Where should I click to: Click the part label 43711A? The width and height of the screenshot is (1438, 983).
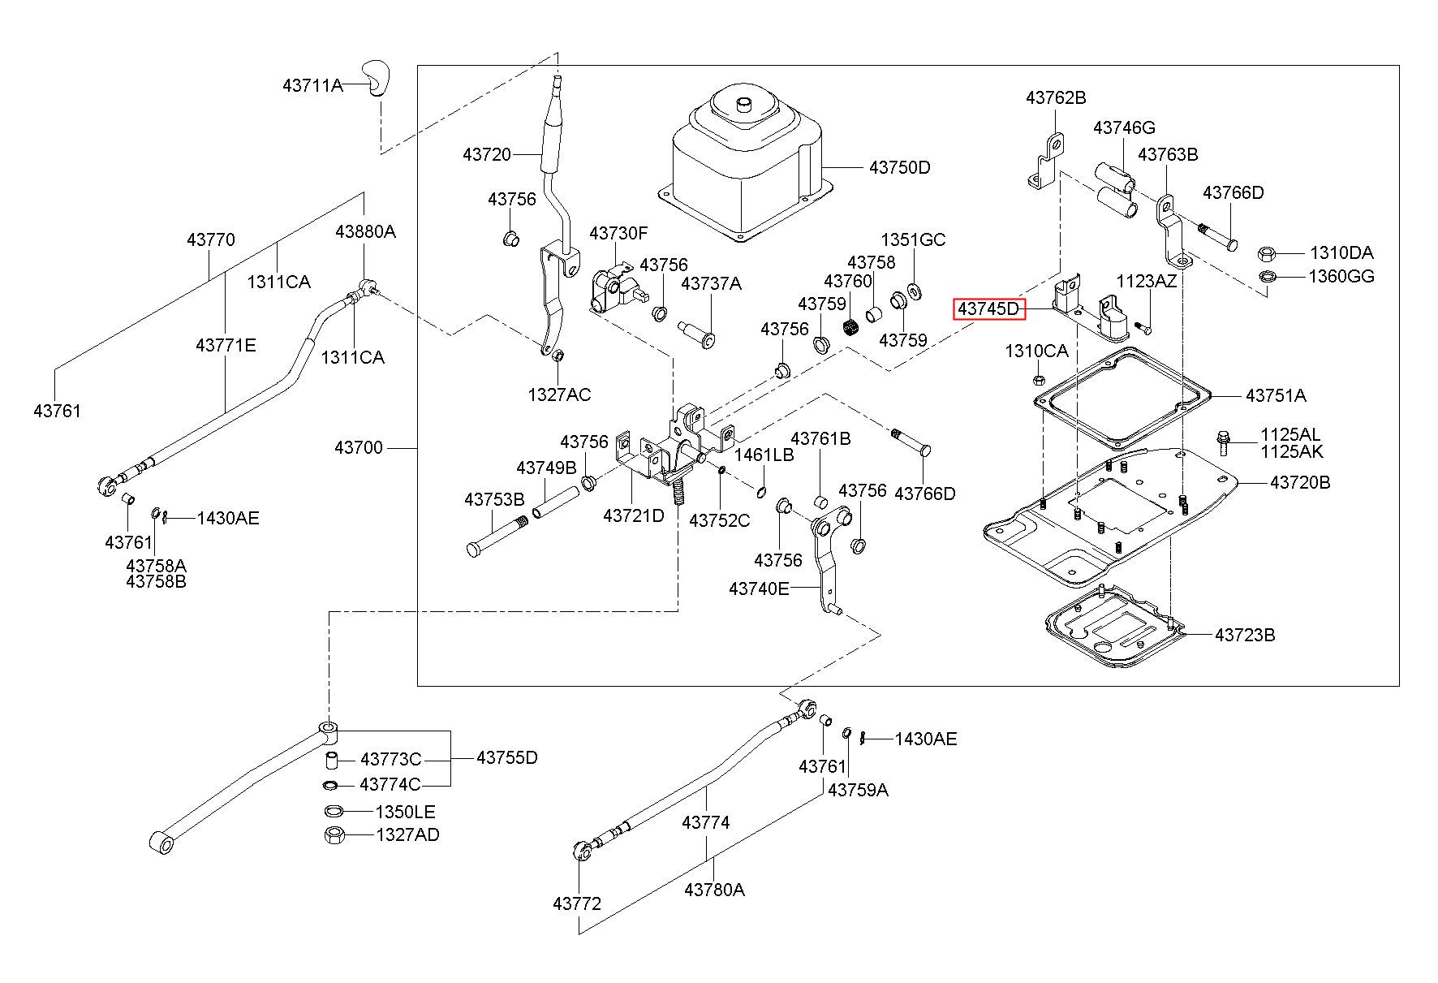click(312, 84)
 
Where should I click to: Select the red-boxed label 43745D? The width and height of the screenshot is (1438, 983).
click(988, 309)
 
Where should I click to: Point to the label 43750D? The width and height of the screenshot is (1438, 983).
click(900, 168)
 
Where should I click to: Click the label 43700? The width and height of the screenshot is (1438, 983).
click(359, 448)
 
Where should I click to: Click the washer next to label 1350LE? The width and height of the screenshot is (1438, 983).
click(334, 811)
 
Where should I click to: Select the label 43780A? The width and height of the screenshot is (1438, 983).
click(714, 890)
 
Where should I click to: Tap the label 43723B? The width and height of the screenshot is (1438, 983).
click(1245, 635)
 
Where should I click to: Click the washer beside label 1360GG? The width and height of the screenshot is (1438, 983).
click(1266, 277)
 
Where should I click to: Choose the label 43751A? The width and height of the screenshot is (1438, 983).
click(1276, 396)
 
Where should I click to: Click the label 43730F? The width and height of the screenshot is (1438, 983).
click(618, 234)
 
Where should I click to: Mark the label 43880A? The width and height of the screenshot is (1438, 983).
click(366, 232)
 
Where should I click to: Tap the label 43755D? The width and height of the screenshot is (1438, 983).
click(507, 757)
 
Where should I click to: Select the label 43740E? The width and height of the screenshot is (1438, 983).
click(759, 589)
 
